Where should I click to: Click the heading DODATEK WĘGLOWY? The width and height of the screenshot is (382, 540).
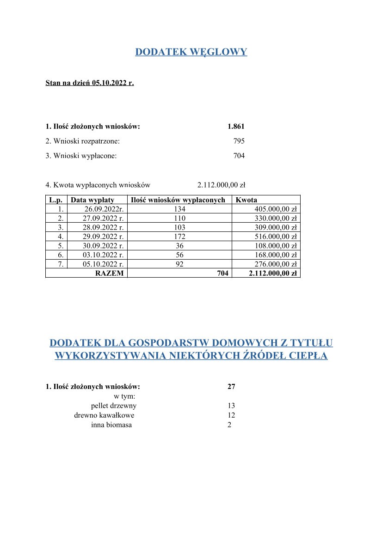pyautogui.click(x=191, y=52)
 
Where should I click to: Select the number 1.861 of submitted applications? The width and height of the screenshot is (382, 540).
pyautogui.click(x=236, y=127)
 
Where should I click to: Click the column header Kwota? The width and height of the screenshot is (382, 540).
pyautogui.click(x=246, y=200)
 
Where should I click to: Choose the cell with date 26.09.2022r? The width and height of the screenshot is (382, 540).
pyautogui.click(x=103, y=209)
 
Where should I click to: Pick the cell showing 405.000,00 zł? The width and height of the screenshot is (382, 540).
pyautogui.click(x=275, y=209)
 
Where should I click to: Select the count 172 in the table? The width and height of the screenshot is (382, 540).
pyautogui.click(x=179, y=237)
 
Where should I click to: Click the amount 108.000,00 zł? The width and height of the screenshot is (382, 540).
pyautogui.click(x=275, y=246)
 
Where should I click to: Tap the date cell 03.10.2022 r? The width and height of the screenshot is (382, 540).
pyautogui.click(x=102, y=255)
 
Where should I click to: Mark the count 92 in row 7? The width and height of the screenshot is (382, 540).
pyautogui.click(x=179, y=264)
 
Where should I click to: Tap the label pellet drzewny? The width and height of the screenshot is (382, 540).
pyautogui.click(x=114, y=406)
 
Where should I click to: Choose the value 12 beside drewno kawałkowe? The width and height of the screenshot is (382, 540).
pyautogui.click(x=231, y=415)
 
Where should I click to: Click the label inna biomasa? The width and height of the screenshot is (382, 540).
pyautogui.click(x=111, y=425)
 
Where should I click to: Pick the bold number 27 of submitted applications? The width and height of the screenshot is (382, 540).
pyautogui.click(x=231, y=387)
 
